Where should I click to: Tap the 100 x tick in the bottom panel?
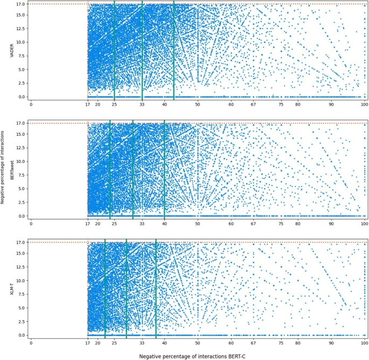click(365, 343)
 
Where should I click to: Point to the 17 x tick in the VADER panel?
click(88, 105)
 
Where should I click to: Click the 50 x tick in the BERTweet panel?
click(198, 224)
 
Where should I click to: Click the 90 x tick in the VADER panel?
click(331, 105)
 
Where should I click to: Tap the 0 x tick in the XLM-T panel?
click(31, 343)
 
